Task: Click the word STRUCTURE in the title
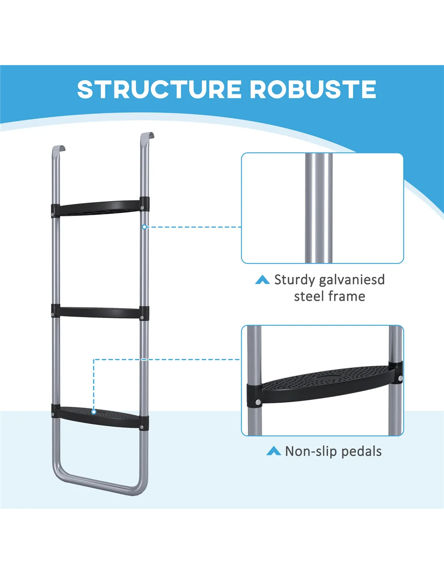(x=160, y=89)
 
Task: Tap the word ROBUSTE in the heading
(x=313, y=89)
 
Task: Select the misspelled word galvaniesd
(x=352, y=280)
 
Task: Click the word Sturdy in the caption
(x=294, y=280)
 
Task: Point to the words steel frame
(x=329, y=296)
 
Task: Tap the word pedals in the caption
(x=362, y=451)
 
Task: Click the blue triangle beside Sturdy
(x=262, y=280)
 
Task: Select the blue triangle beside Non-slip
(x=274, y=451)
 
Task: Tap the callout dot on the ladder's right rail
(x=145, y=227)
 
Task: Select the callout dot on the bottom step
(x=94, y=412)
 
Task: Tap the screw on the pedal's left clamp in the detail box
(x=257, y=402)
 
